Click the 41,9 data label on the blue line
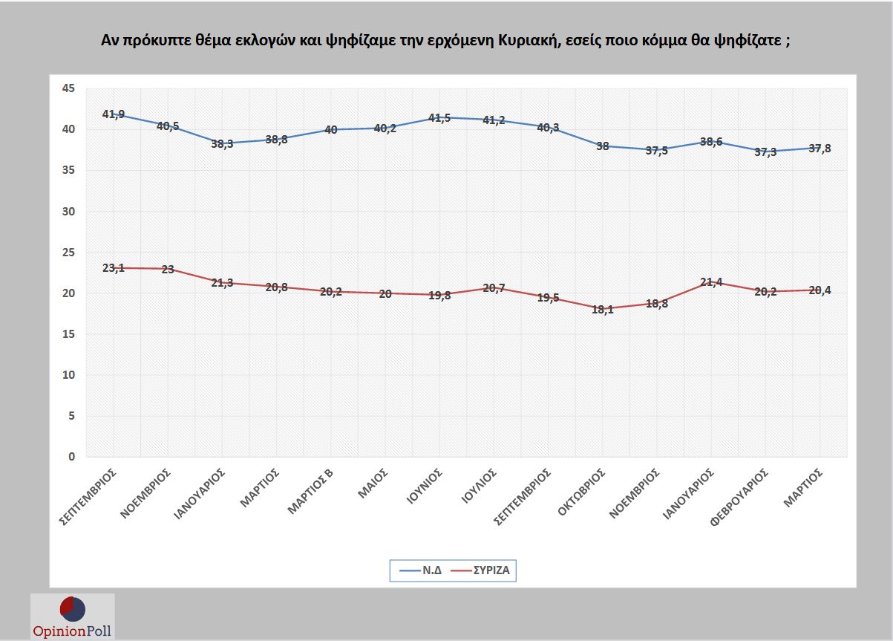pos(113,114)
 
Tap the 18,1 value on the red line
pos(602,310)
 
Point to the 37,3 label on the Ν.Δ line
pos(766,152)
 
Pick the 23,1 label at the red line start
pos(113,267)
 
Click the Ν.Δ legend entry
pos(421,571)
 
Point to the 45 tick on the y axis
pos(68,88)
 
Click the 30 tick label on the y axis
pos(68,211)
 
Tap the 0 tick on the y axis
pos(72,457)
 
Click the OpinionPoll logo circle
pos(72,608)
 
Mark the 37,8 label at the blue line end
pos(820,148)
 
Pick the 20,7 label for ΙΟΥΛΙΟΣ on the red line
pos(494,287)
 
